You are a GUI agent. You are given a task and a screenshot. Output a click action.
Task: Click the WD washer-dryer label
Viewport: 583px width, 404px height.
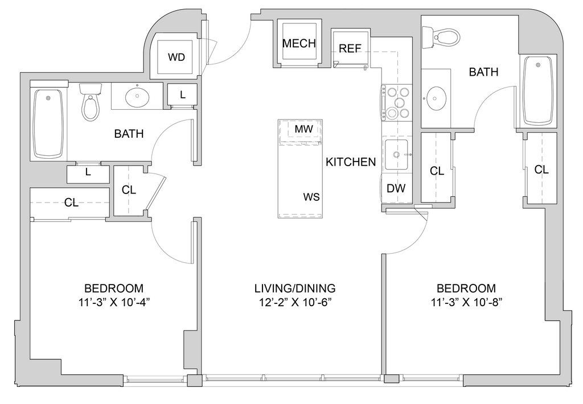point(176,57)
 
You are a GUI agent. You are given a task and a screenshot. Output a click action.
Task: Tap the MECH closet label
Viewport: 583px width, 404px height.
point(299,43)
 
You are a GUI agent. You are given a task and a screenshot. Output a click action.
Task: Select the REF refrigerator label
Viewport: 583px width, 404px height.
point(350,48)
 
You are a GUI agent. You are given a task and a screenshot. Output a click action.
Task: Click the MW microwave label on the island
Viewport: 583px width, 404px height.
point(304,129)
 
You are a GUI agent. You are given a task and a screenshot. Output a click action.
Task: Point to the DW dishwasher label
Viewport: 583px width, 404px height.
point(396,188)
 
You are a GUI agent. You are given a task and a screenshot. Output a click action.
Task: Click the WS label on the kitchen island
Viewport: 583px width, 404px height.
point(311,197)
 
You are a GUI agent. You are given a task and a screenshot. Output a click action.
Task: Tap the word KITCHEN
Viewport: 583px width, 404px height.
point(351,162)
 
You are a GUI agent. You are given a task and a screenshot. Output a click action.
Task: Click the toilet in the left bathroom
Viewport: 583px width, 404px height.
point(91,101)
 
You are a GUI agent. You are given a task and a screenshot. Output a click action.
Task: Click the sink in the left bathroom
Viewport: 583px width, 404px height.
point(137,97)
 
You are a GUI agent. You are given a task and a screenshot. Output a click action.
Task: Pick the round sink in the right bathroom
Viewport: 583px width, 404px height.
point(436,98)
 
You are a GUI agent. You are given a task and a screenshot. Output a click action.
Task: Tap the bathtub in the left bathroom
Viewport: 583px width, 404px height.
point(48,124)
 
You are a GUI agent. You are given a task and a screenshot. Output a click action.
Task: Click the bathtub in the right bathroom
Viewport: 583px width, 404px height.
point(538,90)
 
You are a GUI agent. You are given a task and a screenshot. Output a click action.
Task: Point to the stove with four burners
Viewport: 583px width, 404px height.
point(397,102)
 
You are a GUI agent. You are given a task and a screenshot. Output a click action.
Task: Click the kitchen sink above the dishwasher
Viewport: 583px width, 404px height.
point(396,154)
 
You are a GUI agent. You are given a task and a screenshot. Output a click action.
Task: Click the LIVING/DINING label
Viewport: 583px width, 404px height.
point(295,288)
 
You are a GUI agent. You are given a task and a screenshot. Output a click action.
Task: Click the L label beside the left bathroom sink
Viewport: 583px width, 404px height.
point(183,95)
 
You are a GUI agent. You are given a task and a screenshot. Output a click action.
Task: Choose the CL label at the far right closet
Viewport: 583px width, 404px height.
point(541,170)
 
